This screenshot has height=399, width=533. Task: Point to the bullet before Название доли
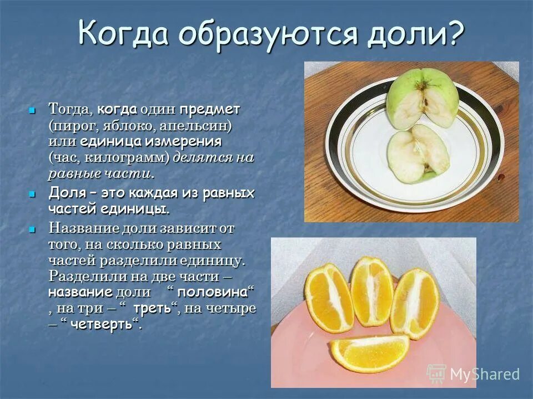pyautogui.click(x=32, y=228)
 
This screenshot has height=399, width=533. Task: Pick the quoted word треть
pyautogui.click(x=153, y=309)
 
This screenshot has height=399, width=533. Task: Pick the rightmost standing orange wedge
pyautogui.click(x=415, y=302)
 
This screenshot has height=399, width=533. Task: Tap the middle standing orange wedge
pyautogui.click(x=371, y=291)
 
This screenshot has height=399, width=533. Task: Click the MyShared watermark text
pyautogui.click(x=484, y=374)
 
